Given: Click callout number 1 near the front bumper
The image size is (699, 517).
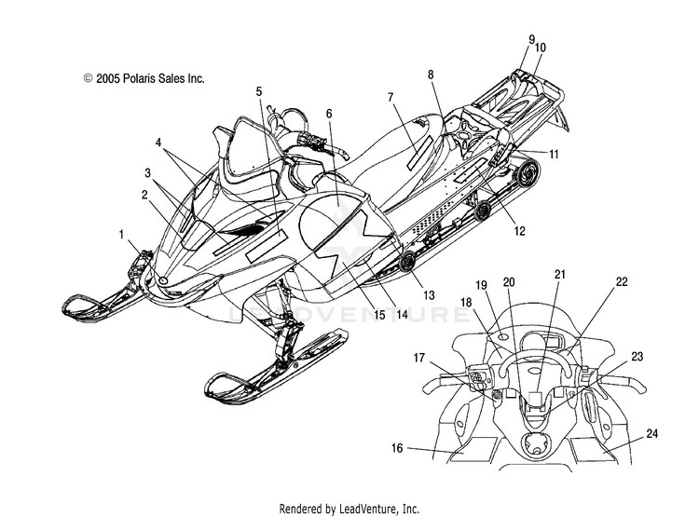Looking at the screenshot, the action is (x=121, y=235).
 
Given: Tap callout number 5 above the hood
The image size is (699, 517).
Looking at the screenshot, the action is (x=259, y=92).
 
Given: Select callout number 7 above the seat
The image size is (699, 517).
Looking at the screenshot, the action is (x=391, y=97).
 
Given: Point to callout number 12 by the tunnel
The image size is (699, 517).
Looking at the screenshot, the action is (x=519, y=231).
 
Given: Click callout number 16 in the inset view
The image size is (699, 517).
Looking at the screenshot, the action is (x=397, y=448).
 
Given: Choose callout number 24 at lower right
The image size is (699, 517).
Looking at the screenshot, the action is (x=651, y=433).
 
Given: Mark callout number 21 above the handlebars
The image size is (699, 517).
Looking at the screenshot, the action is (x=560, y=274).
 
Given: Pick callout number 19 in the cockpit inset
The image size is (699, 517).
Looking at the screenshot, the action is (x=481, y=285).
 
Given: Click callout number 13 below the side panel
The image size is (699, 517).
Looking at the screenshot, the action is (x=429, y=295).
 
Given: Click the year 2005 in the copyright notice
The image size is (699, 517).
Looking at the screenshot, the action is (x=108, y=78).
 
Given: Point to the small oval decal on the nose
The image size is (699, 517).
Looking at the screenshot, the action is (x=163, y=280).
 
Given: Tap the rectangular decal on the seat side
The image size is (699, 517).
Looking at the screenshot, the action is (x=419, y=153).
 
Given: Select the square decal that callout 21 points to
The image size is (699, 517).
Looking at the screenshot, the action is (x=536, y=398).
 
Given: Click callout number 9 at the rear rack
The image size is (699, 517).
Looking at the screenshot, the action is (x=532, y=40).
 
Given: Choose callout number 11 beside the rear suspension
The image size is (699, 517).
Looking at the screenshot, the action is (x=554, y=155).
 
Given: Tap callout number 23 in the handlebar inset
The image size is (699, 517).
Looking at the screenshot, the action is (x=637, y=357).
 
